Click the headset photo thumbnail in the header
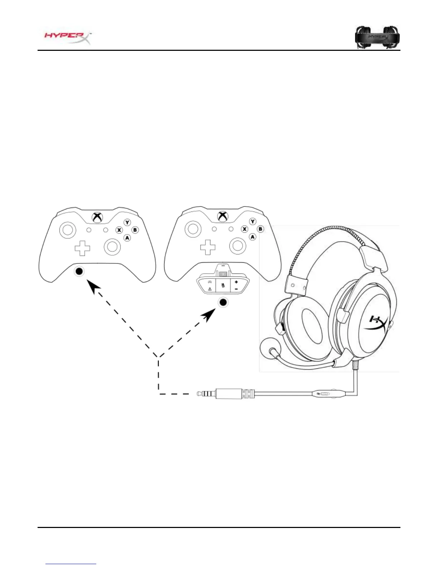tap(377, 37)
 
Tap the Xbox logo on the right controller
tap(222, 217)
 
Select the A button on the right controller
tap(253, 237)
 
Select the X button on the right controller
tap(245, 229)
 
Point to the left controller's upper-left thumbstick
tap(67, 230)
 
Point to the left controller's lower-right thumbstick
tap(112, 246)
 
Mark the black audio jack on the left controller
tap(79, 271)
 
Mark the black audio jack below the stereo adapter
tap(223, 303)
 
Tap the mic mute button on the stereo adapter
tap(223, 285)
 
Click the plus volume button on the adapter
tap(236, 282)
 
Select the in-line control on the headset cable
tap(324, 394)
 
